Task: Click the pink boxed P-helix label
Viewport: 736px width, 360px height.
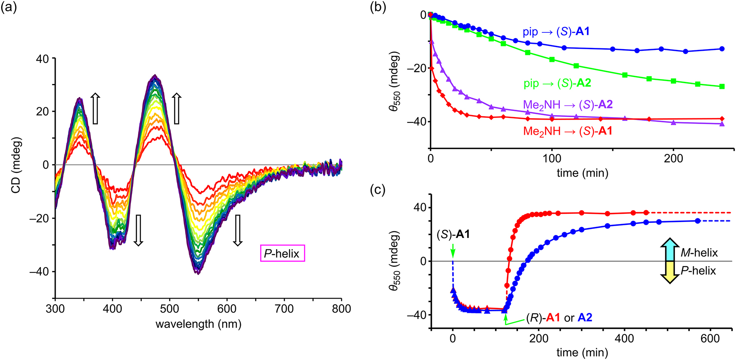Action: [x=282, y=254]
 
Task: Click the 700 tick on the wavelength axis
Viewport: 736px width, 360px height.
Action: [x=284, y=308]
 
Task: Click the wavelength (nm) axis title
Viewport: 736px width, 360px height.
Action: [x=198, y=324]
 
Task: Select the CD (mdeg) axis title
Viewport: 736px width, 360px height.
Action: [x=16, y=165]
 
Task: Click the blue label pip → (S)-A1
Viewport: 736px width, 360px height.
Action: [x=556, y=32]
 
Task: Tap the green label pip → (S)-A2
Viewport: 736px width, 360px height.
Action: [x=557, y=84]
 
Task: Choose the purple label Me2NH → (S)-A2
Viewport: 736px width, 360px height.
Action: [x=568, y=105]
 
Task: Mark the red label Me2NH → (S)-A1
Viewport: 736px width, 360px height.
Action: [x=568, y=131]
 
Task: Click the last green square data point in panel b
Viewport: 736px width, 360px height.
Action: [x=722, y=86]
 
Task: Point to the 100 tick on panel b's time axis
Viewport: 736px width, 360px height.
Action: [x=552, y=158]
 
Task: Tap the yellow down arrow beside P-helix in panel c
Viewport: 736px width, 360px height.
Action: [x=670, y=272]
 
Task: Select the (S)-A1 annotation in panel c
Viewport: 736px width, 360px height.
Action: [x=453, y=234]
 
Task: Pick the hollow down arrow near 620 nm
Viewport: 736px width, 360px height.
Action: [x=237, y=230]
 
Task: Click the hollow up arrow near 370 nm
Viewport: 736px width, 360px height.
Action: [x=95, y=109]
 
